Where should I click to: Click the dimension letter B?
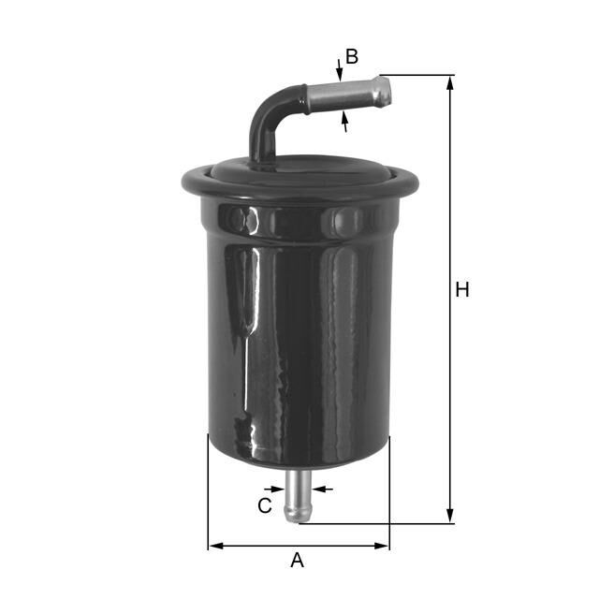[x=352, y=56]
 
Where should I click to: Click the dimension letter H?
[x=461, y=290]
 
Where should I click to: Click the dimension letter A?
[x=298, y=561]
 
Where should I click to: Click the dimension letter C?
[x=265, y=506]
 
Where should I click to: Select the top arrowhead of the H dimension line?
[x=450, y=82]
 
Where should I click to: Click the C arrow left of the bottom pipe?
[x=275, y=488]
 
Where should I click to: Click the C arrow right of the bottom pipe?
[x=322, y=488]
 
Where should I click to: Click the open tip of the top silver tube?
[x=385, y=90]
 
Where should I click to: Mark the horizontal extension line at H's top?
[x=417, y=75]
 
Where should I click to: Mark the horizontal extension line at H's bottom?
[x=374, y=523]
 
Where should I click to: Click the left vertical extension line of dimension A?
[x=208, y=496]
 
